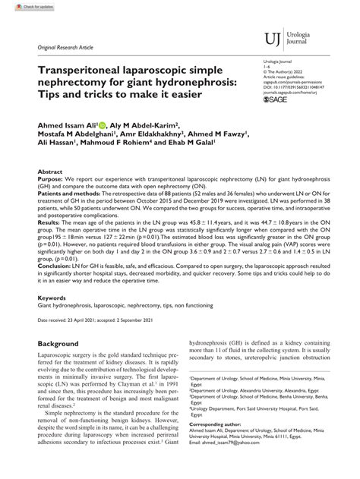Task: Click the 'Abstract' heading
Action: click(x=49, y=173)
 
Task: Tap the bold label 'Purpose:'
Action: click(x=51, y=181)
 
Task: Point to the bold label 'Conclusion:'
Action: click(x=55, y=266)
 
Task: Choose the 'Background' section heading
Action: click(x=58, y=344)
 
